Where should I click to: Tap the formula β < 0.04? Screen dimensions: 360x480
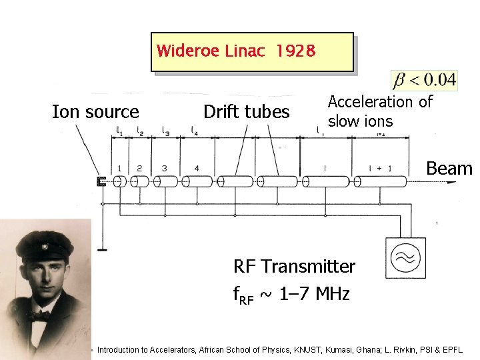click(x=425, y=81)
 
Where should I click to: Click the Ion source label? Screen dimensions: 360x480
click(x=95, y=112)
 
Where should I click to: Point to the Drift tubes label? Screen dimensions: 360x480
click(x=246, y=112)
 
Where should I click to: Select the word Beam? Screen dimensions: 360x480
click(x=449, y=169)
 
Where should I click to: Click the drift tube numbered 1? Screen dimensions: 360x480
click(x=120, y=181)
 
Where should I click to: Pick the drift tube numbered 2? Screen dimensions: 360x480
click(x=140, y=181)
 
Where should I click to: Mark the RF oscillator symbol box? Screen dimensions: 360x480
click(x=405, y=258)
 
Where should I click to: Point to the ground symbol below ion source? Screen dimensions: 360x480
click(x=102, y=249)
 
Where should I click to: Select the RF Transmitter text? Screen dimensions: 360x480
click(x=294, y=267)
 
